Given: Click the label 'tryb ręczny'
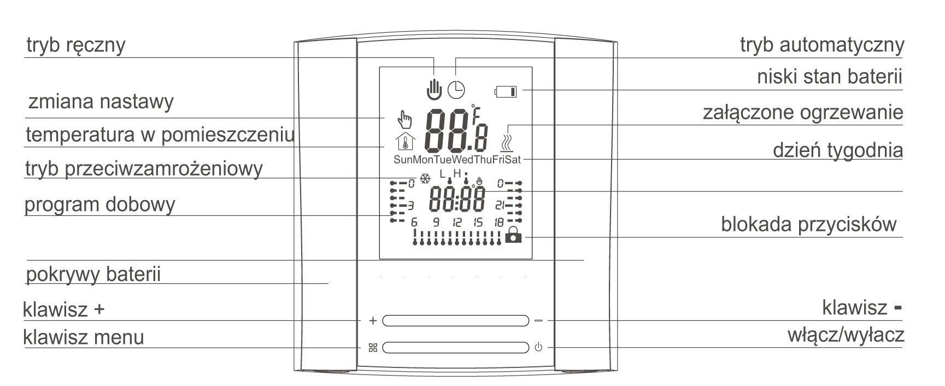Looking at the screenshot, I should tap(76, 45).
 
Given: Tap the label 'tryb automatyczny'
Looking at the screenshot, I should tap(821, 45).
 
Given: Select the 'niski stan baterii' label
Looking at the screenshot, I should tap(829, 77).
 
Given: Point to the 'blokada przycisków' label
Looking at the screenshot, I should tap(808, 224).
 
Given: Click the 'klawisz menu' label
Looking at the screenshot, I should tap(84, 337).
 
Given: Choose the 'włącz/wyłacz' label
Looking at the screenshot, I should tap(846, 335).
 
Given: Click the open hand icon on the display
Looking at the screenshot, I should tap(434, 89).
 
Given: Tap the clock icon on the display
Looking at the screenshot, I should tap(456, 89).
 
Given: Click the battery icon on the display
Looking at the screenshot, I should tap(506, 91).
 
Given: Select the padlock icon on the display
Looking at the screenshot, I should tap(513, 235).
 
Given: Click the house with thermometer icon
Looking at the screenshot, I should tap(405, 142).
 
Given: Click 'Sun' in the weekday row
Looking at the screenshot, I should tap(403, 160).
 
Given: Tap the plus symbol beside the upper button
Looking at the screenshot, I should tap(373, 321).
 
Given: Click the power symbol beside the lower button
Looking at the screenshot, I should tap(538, 348).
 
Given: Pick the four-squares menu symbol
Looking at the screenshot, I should tap(373, 348).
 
